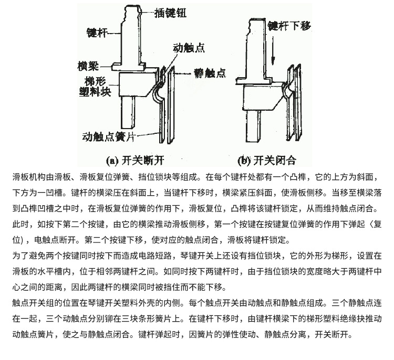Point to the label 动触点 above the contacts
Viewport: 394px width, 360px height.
189,47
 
